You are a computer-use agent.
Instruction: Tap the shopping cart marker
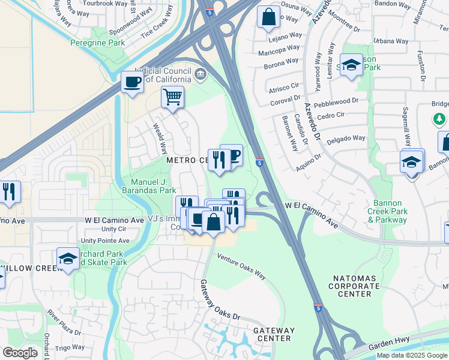click(172, 97)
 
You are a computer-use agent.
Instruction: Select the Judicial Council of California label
click(163, 75)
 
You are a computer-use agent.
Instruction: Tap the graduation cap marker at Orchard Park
click(68, 259)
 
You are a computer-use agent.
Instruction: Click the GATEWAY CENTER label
click(274, 334)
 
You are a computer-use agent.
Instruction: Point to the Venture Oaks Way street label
click(241, 266)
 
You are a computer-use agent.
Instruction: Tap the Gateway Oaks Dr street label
click(220, 301)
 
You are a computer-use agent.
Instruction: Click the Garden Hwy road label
click(390, 340)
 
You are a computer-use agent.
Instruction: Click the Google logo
click(20, 353)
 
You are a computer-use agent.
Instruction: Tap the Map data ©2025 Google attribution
click(412, 355)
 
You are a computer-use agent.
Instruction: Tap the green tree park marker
click(441, 119)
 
